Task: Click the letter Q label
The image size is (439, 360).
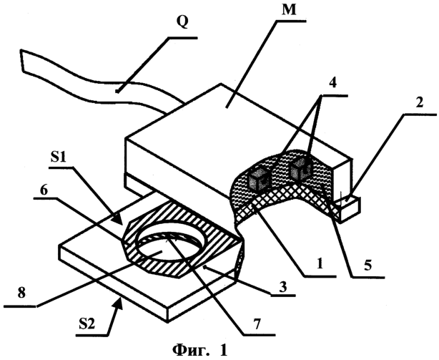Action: pyautogui.click(x=182, y=22)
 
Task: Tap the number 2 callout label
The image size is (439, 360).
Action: pyautogui.click(x=419, y=103)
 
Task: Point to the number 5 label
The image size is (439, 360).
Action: pyautogui.click(x=368, y=265)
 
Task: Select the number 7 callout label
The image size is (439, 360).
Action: pyautogui.click(x=257, y=323)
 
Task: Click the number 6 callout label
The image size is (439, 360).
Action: pyautogui.click(x=44, y=190)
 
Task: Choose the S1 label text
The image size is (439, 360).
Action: pyautogui.click(x=58, y=158)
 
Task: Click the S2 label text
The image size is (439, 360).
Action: pyautogui.click(x=87, y=325)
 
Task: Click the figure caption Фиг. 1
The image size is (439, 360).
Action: pyautogui.click(x=200, y=350)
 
